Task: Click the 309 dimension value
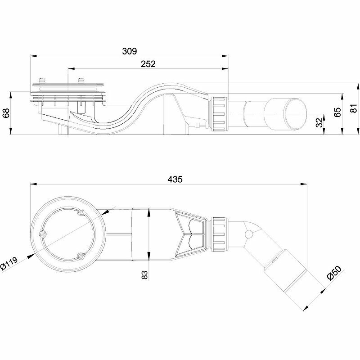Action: tap(129, 51)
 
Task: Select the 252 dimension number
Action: tap(148, 64)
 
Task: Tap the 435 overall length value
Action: tap(175, 179)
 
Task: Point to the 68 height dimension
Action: tap(6, 113)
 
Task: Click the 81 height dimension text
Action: tap(354, 108)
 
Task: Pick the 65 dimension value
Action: tap(337, 112)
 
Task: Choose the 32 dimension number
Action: tap(319, 123)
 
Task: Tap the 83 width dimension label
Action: tap(144, 275)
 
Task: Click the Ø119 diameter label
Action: tap(9, 264)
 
